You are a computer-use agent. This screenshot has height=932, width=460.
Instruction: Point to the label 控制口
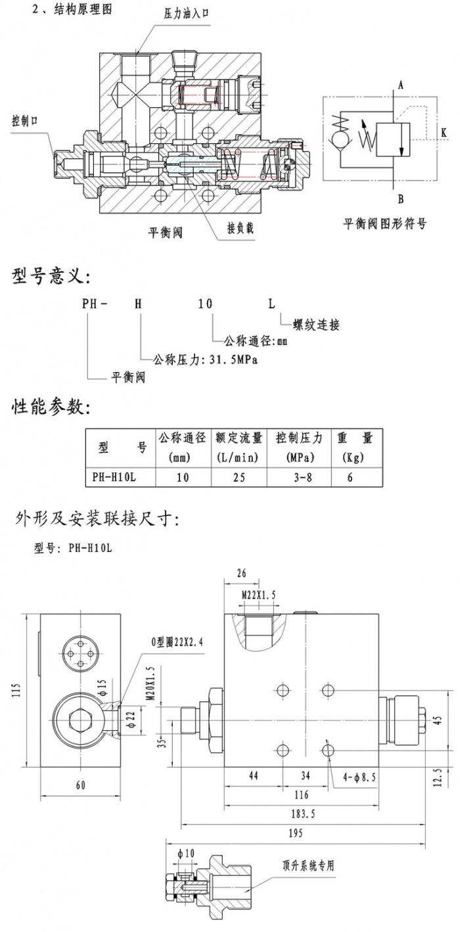[x=26, y=121]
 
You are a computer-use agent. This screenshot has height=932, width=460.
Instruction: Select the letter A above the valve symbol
[x=400, y=84]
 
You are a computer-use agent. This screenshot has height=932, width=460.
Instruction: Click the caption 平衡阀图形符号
[x=385, y=223]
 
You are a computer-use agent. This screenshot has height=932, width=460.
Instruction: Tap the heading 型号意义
[x=50, y=276]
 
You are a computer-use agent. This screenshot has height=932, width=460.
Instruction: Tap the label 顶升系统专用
[x=308, y=866]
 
